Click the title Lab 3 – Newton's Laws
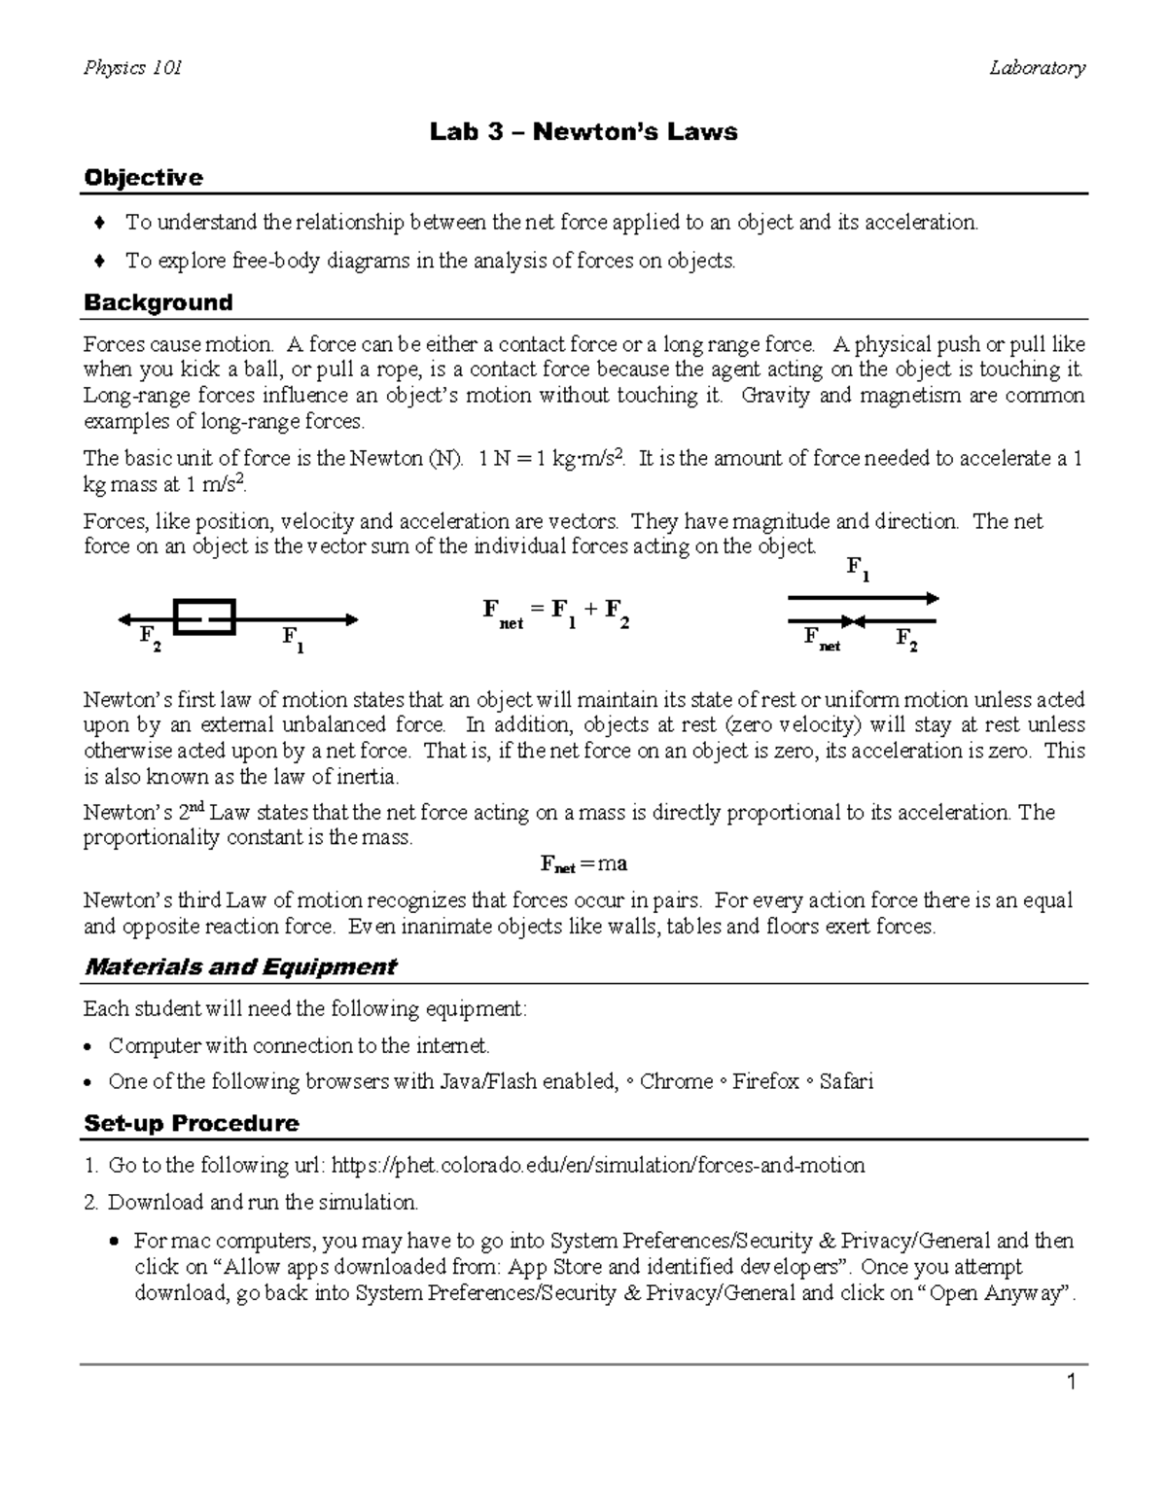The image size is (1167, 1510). (x=583, y=131)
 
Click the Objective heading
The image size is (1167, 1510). (x=143, y=177)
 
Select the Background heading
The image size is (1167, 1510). (x=158, y=302)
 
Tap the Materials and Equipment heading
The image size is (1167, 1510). (x=240, y=966)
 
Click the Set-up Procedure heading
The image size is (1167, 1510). (x=191, y=1123)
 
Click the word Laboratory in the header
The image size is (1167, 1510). (x=1037, y=67)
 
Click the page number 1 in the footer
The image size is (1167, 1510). (x=1071, y=1383)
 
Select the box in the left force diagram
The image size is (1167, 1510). (x=204, y=616)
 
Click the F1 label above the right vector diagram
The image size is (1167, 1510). (x=857, y=568)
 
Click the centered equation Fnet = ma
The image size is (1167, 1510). (x=583, y=863)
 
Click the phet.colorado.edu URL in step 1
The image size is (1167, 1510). (x=598, y=1165)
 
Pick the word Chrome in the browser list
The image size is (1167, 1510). (x=676, y=1081)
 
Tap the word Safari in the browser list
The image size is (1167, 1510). (x=846, y=1081)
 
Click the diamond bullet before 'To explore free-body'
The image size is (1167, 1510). (x=98, y=261)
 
